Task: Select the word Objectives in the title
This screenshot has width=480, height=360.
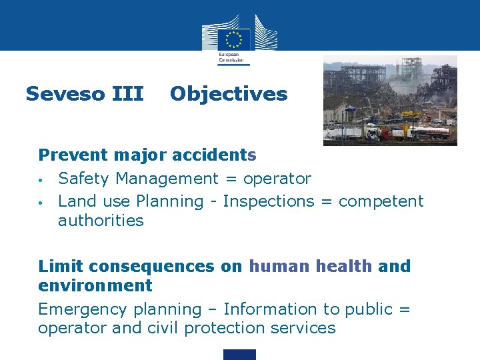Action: [229, 94]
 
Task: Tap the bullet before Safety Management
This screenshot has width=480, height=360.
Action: [41, 180]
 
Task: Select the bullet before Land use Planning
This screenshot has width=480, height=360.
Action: [41, 202]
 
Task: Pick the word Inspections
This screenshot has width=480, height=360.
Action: [269, 201]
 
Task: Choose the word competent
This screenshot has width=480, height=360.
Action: [381, 201]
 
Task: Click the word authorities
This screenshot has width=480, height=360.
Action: [101, 221]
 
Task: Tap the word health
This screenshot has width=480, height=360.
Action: [343, 267]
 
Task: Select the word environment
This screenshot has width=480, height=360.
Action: [95, 286]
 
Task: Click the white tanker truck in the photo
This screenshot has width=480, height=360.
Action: [427, 132]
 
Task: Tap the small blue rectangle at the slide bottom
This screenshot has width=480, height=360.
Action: [239, 355]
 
